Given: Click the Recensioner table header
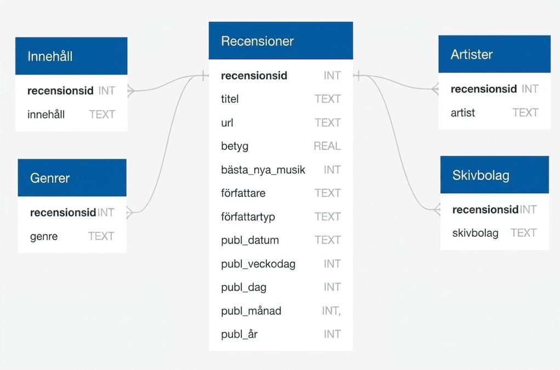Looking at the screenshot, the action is (x=281, y=41).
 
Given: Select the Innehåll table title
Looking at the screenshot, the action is (x=50, y=56).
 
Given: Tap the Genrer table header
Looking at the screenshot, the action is (x=72, y=178).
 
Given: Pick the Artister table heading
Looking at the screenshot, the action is (x=494, y=54).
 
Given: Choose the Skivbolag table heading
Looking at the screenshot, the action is (x=494, y=175).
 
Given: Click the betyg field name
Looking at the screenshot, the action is (x=235, y=146).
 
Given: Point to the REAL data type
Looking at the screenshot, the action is (x=327, y=146).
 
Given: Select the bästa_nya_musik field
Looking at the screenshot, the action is (x=263, y=169).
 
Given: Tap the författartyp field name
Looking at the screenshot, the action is (x=248, y=217).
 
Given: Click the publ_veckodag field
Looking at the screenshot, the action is (x=258, y=264).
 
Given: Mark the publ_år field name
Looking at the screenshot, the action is (x=239, y=334).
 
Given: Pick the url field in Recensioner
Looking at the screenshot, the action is (x=227, y=123).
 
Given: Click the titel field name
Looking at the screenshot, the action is (x=230, y=99).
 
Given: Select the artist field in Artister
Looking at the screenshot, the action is (x=463, y=113).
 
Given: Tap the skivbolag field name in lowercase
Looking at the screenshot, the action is (x=476, y=233).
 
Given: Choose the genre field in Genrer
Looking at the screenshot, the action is (x=44, y=236).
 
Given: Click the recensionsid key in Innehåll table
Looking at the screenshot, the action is (x=60, y=90).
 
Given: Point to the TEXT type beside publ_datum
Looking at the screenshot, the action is (x=328, y=240).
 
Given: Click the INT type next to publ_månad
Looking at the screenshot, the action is (x=331, y=311).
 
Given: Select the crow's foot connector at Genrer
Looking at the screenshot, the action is (x=130, y=213).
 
